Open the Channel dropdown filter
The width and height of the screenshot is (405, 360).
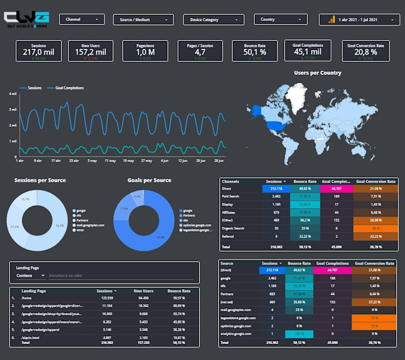[82, 20]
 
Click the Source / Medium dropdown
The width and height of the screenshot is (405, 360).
[143, 20]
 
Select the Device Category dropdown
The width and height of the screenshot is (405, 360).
[213, 20]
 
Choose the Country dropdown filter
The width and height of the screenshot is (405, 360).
[281, 20]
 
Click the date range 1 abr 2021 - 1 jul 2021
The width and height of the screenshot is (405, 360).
[362, 20]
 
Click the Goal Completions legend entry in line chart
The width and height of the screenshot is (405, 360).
[68, 88]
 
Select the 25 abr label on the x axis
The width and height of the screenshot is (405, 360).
[74, 161]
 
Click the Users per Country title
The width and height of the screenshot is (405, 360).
[317, 73]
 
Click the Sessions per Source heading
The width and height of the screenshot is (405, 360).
[40, 180]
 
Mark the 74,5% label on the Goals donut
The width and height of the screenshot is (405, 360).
[161, 236]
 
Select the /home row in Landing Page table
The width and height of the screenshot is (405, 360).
[27, 298]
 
